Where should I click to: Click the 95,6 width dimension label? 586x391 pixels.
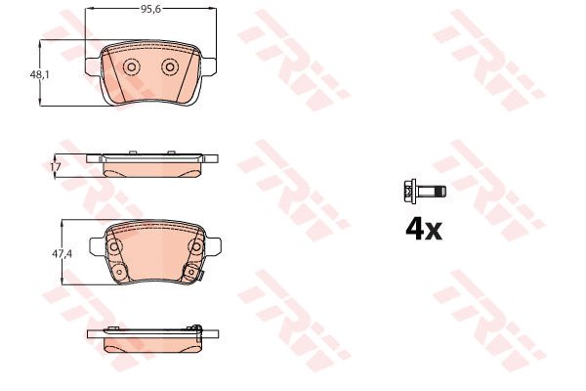pos(150,10)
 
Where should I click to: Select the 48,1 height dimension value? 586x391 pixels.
pos(40,75)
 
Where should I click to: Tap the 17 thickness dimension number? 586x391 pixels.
pos(56,167)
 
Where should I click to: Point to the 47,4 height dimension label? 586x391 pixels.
pos(63,254)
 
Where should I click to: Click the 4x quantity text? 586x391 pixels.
pos(424,230)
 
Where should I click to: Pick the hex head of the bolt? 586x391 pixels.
pos(410,192)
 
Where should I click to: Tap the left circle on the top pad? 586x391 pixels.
pos(131,67)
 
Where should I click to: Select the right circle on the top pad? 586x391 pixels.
pos(170,67)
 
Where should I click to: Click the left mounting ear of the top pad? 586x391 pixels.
pos(94,66)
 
